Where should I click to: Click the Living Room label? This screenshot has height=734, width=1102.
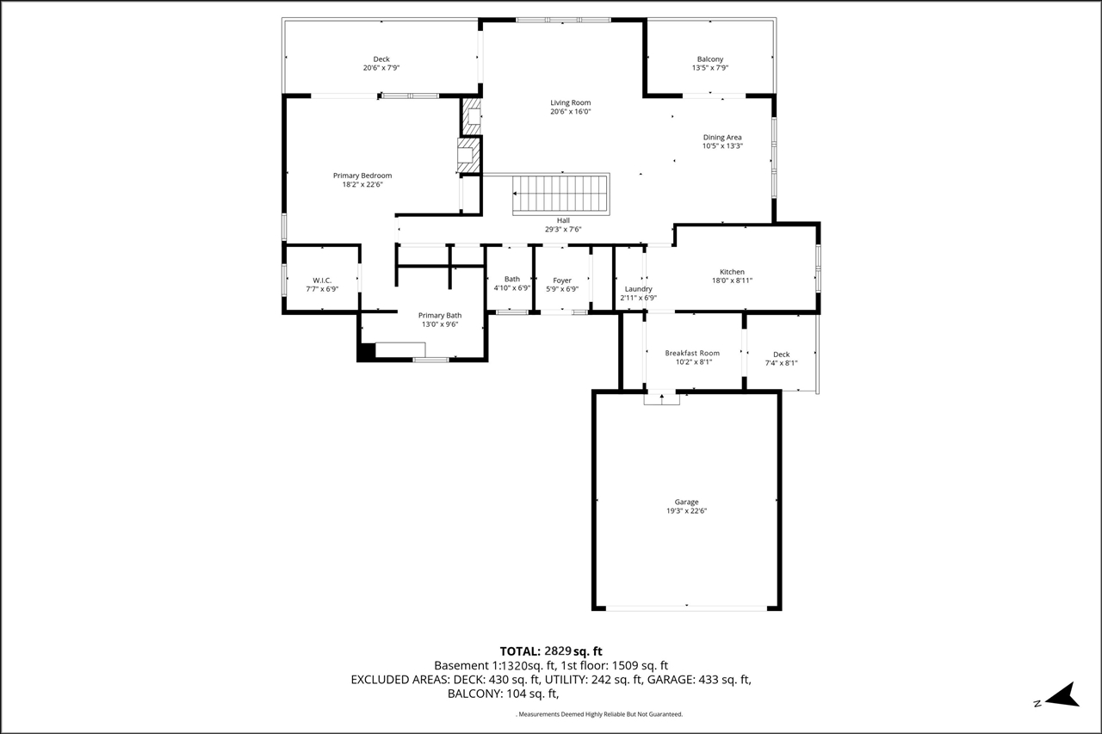(570, 102)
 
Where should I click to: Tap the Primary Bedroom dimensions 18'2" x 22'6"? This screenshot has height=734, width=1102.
(362, 185)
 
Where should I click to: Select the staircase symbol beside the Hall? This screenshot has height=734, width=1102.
(560, 194)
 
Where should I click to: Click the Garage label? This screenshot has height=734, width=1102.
(686, 502)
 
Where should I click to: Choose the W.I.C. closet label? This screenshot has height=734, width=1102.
(322, 281)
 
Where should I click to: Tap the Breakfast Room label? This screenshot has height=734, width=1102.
(692, 353)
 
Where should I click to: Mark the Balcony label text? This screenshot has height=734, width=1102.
(710, 59)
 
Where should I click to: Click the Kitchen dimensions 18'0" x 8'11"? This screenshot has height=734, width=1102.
(732, 281)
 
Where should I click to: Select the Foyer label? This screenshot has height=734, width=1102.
(562, 281)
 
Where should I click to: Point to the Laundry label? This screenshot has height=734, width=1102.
(638, 289)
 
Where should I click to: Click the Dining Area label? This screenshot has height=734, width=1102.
(722, 138)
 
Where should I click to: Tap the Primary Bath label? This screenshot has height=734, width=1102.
(440, 316)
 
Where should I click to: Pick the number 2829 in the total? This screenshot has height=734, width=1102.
(557, 651)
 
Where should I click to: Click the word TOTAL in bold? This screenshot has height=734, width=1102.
(521, 651)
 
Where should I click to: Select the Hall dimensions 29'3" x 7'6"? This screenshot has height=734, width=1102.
(563, 229)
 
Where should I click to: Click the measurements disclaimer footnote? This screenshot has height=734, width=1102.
(599, 714)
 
